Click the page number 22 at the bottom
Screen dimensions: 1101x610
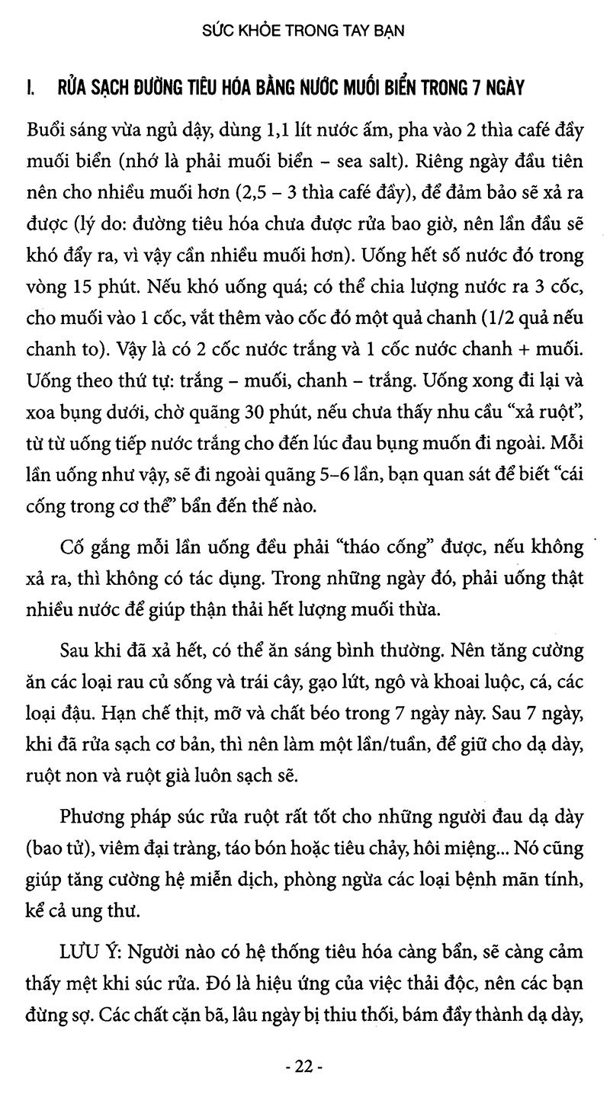coord(304,1067)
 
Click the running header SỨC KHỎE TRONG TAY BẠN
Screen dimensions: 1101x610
coord(304,31)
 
